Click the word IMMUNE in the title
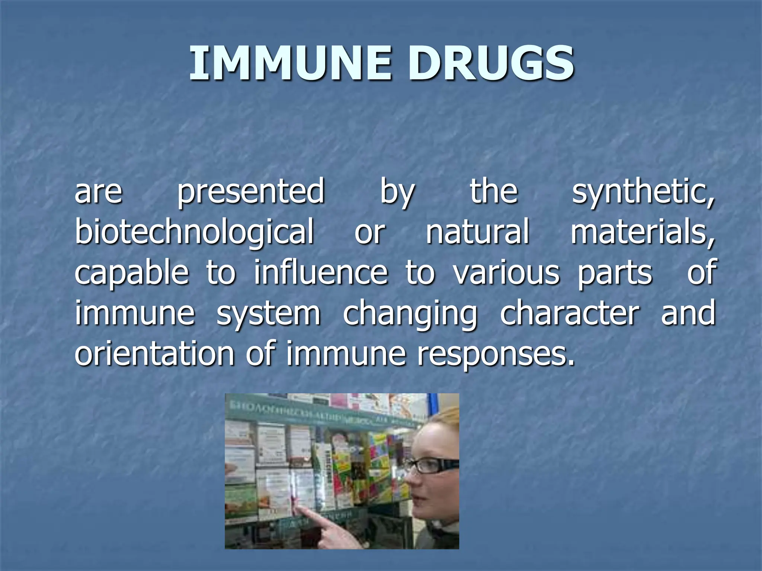[290, 63]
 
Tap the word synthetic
[643, 192]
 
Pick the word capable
[132, 272]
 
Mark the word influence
[321, 272]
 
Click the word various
[506, 272]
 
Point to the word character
[570, 313]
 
